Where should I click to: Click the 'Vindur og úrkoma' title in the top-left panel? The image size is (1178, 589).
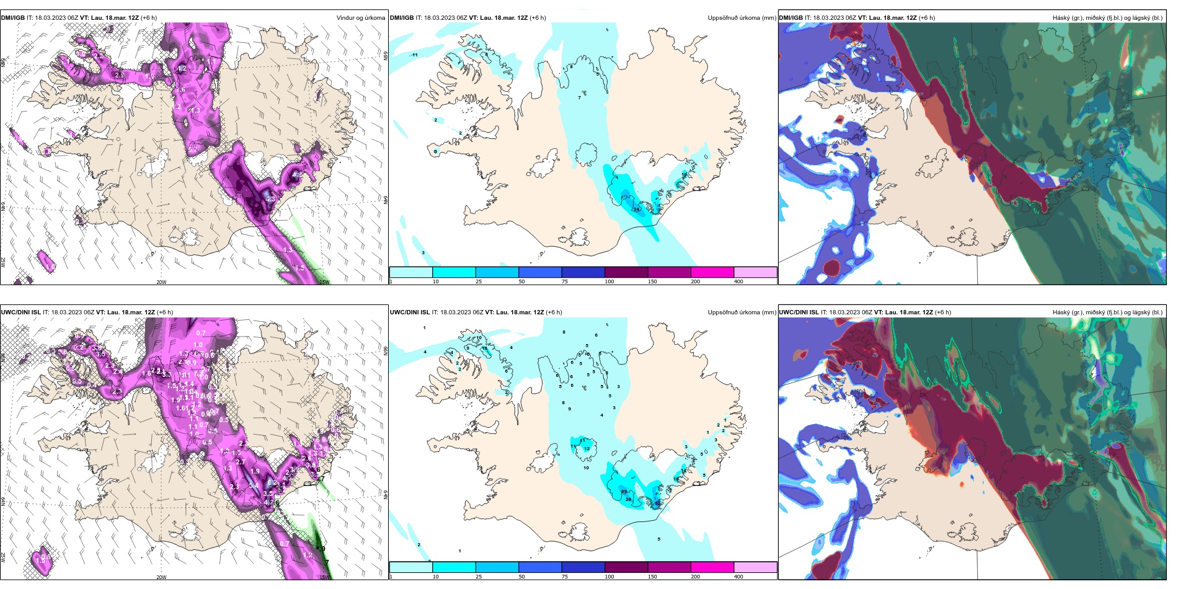coord(360,18)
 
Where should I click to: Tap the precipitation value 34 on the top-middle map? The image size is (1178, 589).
coord(636,210)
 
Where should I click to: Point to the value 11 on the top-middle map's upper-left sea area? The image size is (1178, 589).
coord(415,55)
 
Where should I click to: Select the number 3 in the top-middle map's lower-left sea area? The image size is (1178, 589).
coord(423,253)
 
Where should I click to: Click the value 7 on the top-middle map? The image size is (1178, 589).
coord(579,98)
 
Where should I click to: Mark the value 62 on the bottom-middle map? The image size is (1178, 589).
coord(657,503)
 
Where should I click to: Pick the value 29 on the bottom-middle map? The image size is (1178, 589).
coord(628,499)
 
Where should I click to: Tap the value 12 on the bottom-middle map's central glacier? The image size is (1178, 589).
coord(587,448)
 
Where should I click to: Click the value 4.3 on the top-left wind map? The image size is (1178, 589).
coord(270,200)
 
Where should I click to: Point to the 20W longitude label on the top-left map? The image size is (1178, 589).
coord(161,282)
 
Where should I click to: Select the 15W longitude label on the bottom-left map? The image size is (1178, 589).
coord(324,577)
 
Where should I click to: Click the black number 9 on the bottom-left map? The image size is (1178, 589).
coord(322,549)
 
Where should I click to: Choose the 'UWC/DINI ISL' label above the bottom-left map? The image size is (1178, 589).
coord(20,312)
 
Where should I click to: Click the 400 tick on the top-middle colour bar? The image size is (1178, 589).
coord(738,281)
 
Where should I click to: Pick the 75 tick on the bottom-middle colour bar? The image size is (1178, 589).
coord(565,577)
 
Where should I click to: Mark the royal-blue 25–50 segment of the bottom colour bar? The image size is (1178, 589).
coord(497,567)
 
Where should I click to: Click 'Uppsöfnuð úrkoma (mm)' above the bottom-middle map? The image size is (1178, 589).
coord(742,312)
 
